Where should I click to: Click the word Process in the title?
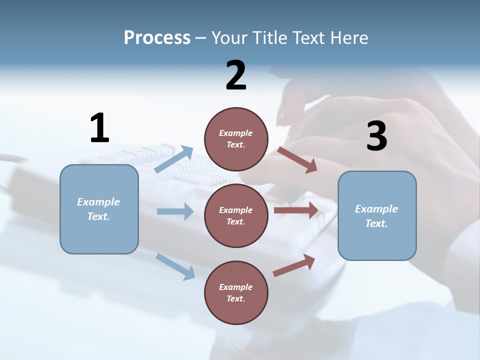[x=157, y=37]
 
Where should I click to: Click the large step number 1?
[x=99, y=128]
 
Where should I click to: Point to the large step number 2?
[x=236, y=75]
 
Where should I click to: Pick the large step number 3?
[x=376, y=136]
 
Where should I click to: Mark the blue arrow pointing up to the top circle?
[x=173, y=159]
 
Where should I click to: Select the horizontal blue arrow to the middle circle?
[x=175, y=211]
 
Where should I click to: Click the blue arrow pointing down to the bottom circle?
[x=175, y=266]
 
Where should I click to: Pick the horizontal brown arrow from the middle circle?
[x=296, y=210]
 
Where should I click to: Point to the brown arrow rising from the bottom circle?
[x=294, y=265]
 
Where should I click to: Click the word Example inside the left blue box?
[x=98, y=202]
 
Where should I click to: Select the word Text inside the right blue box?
[x=376, y=223]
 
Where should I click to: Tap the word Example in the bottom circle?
[x=235, y=287]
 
